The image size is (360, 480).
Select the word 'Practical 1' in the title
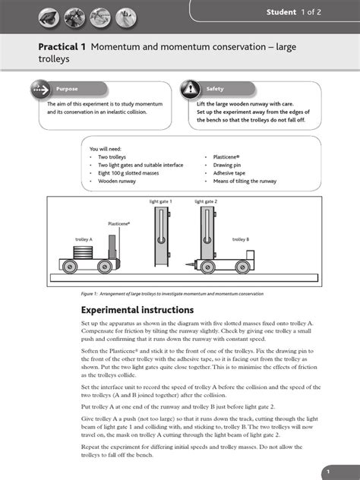click(x=62, y=46)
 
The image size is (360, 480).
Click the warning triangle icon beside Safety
click(x=189, y=89)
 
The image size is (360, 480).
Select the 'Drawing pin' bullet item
click(x=222, y=165)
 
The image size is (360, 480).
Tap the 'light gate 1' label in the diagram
click(x=160, y=202)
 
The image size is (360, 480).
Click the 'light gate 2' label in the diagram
click(x=205, y=202)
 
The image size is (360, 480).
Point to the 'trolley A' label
click(x=84, y=239)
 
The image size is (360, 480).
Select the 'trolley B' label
click(x=240, y=239)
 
